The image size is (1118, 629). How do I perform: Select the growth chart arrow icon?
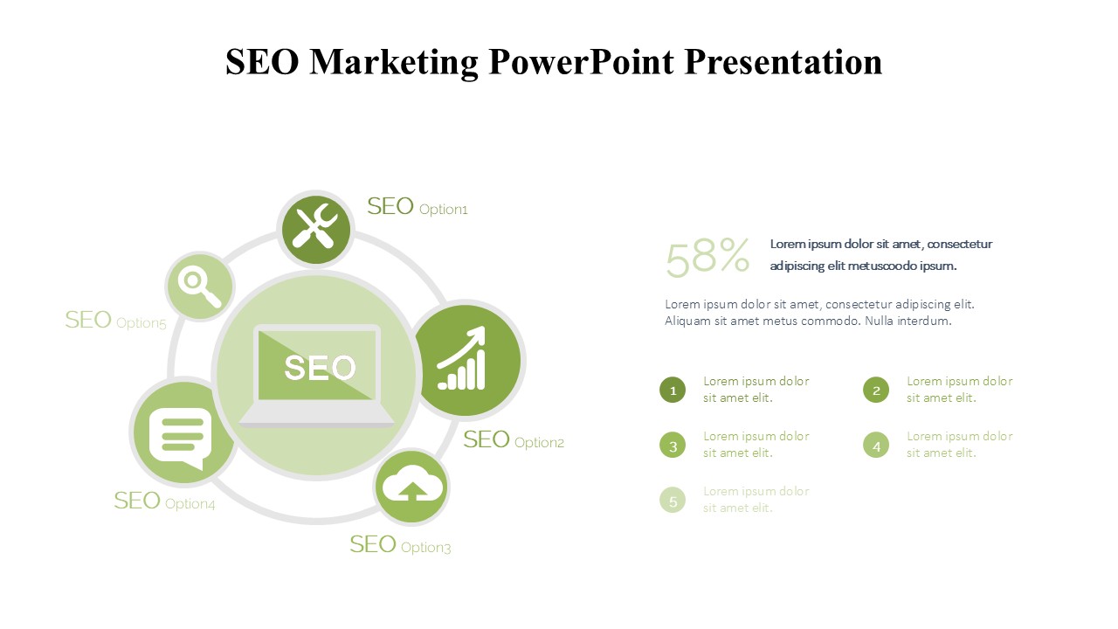(x=462, y=358)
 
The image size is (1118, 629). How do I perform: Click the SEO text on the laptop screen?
(x=320, y=368)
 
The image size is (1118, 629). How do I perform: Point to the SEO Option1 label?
(x=418, y=207)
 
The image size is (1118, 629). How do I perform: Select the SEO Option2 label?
(x=514, y=440)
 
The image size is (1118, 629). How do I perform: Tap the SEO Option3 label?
(x=400, y=544)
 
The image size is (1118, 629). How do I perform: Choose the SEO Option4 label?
(x=165, y=501)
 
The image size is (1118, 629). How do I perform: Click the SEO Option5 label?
(x=116, y=320)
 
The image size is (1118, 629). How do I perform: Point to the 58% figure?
(x=707, y=257)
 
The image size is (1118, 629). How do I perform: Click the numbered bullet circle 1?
(x=673, y=390)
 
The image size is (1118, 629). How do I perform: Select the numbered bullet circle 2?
(x=876, y=390)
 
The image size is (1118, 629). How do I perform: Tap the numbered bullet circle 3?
(x=673, y=446)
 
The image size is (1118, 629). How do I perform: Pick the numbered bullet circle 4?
(x=876, y=446)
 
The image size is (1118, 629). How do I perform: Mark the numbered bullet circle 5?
(x=673, y=501)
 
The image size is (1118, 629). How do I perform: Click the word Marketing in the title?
(x=394, y=62)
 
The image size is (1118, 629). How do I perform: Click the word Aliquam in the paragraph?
(x=687, y=321)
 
